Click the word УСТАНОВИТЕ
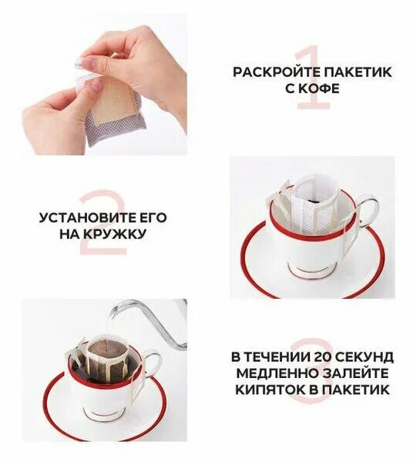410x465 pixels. tap(83, 217)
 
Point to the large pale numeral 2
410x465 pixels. tap(105, 223)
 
